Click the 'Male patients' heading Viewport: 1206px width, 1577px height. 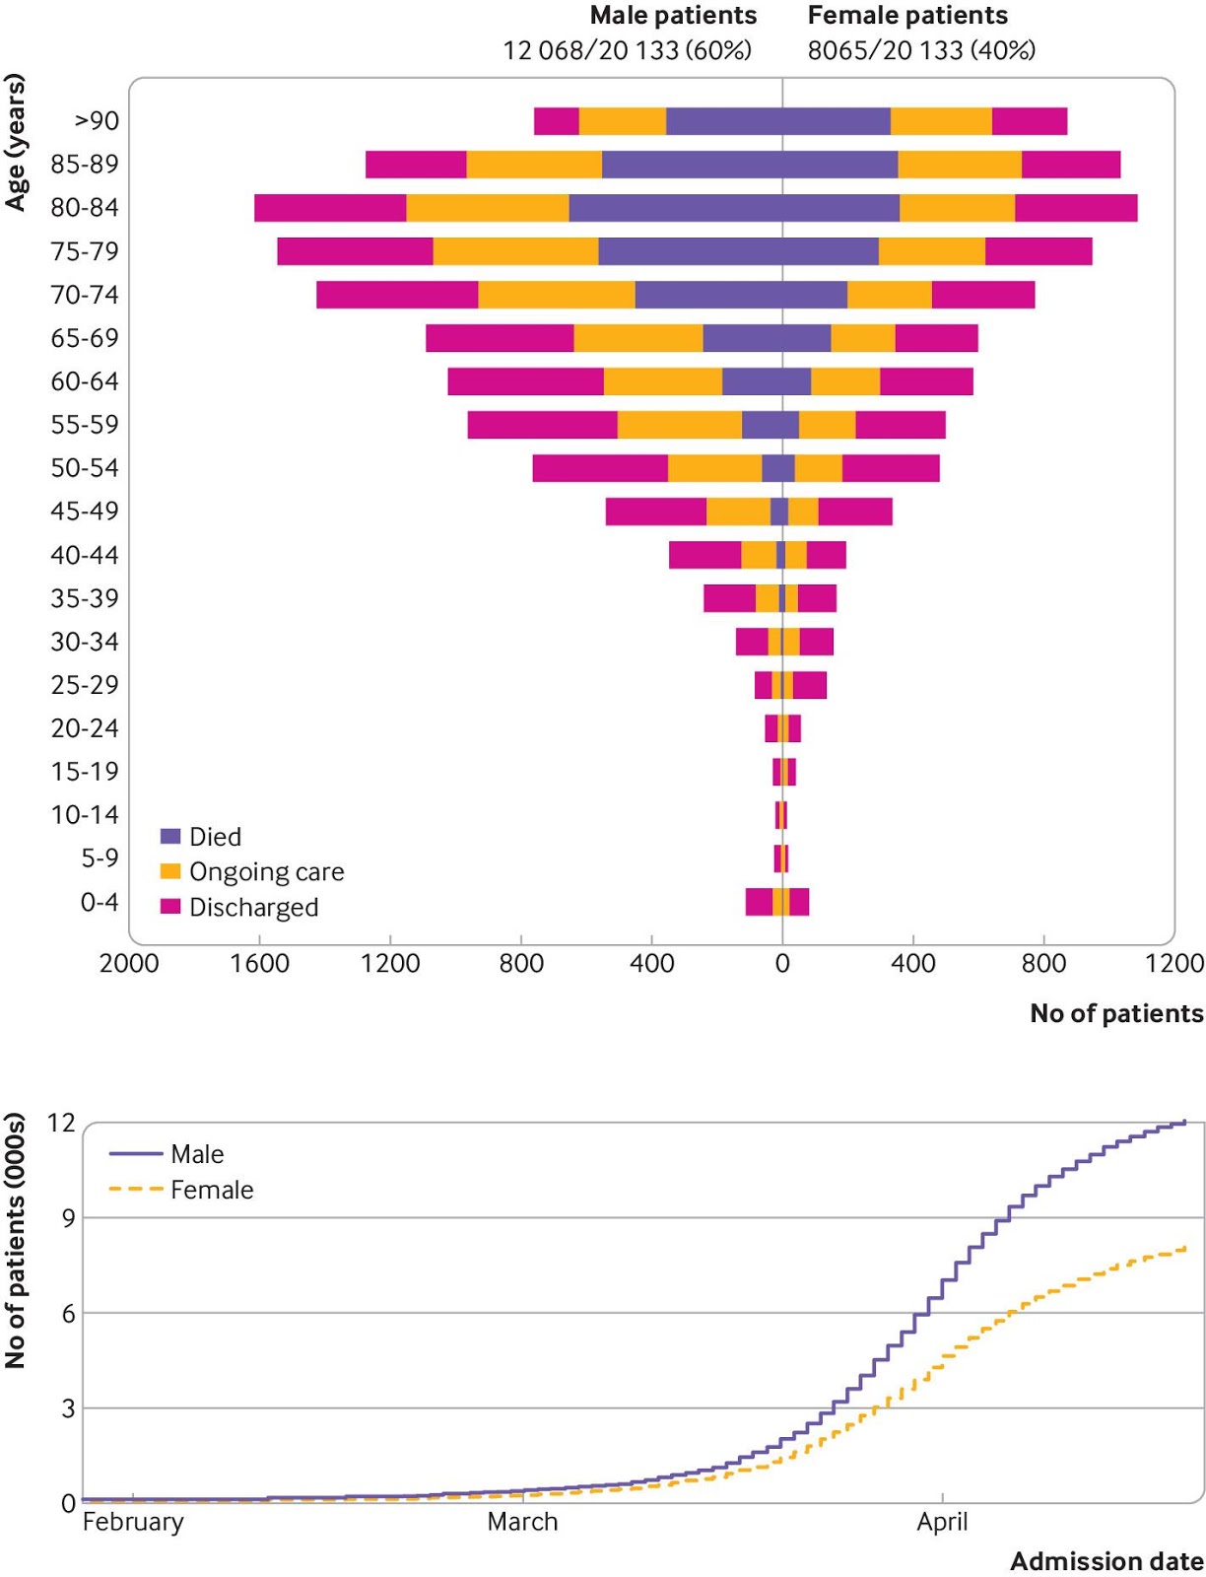pyautogui.click(x=673, y=16)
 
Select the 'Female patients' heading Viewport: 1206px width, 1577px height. pyautogui.click(x=907, y=16)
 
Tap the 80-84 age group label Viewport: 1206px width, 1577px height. pyautogui.click(x=85, y=208)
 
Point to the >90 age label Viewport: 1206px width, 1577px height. pyautogui.click(x=97, y=121)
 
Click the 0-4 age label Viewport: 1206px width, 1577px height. pyautogui.click(x=100, y=902)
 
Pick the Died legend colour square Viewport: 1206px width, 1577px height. pyautogui.click(x=170, y=837)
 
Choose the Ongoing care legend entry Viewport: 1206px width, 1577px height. pyautogui.click(x=266, y=872)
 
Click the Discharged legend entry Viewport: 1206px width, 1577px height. pyautogui.click(x=253, y=908)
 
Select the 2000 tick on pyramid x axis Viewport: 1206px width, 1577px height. pyautogui.click(x=129, y=963)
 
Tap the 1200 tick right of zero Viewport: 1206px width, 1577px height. pyautogui.click(x=1173, y=963)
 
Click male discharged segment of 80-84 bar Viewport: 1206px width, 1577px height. pyautogui.click(x=330, y=208)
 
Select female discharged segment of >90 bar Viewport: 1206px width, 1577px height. pyautogui.click(x=1029, y=121)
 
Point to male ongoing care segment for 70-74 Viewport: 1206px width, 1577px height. pyautogui.click(x=557, y=295)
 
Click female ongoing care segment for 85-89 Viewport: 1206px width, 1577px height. pyautogui.click(x=960, y=165)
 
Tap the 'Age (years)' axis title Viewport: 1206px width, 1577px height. pyautogui.click(x=15, y=143)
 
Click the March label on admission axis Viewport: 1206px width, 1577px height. pyautogui.click(x=522, y=1522)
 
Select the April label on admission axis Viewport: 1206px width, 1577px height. pyautogui.click(x=942, y=1522)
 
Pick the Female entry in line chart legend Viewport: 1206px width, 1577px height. pyautogui.click(x=211, y=1191)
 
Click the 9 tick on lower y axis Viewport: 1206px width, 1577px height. pyautogui.click(x=68, y=1218)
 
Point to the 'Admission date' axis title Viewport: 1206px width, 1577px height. pyautogui.click(x=1106, y=1561)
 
